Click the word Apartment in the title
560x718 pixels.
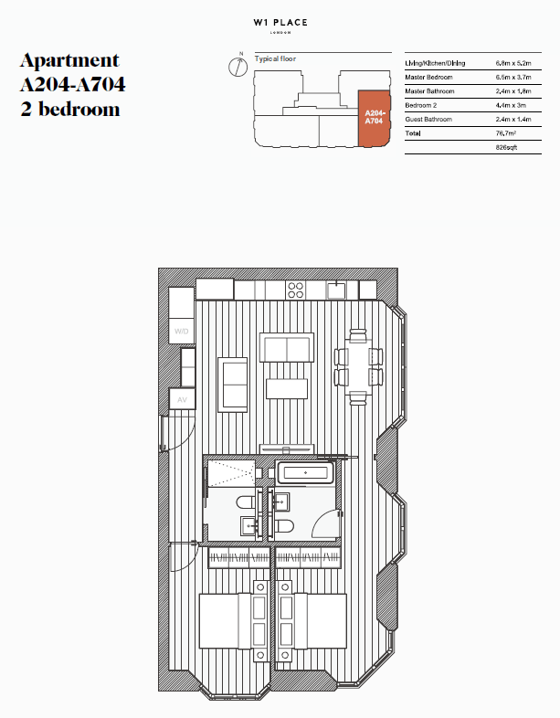pos(69,61)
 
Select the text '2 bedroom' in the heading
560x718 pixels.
pos(69,109)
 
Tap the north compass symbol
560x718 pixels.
pos(235,66)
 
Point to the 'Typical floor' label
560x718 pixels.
pos(275,58)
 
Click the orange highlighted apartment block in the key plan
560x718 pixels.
pos(374,119)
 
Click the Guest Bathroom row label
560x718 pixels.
pos(432,120)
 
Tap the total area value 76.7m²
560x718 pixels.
pos(507,133)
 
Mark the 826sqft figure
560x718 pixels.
pos(507,147)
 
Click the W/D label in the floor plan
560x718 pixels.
pos(181,331)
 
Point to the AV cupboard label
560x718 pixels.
pos(181,400)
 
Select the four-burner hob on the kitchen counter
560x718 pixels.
pos(296,290)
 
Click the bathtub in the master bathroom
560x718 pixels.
pos(306,473)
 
